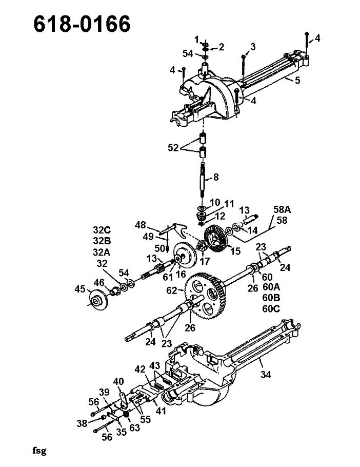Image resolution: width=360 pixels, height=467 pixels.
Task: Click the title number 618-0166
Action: (x=82, y=24)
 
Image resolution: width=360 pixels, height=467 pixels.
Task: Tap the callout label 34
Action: (x=266, y=375)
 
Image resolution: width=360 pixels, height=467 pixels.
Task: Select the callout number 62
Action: (x=172, y=290)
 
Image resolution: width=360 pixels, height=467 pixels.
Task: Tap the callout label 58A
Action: (x=282, y=210)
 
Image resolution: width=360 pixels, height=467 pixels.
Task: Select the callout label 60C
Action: (x=271, y=308)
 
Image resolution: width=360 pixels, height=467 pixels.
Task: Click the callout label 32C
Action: (x=102, y=230)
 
